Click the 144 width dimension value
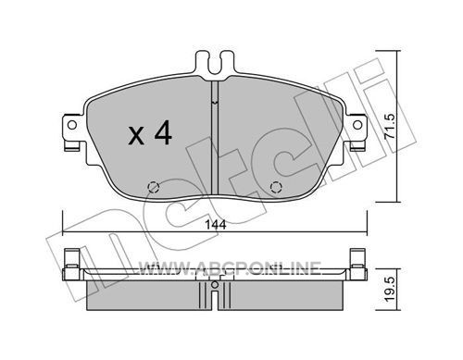216,225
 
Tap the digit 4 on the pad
163,132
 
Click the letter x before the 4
136,136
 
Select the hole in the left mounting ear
72,125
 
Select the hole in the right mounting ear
357,125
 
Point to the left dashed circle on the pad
154,187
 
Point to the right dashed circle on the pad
276,187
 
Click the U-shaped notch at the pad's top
215,67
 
